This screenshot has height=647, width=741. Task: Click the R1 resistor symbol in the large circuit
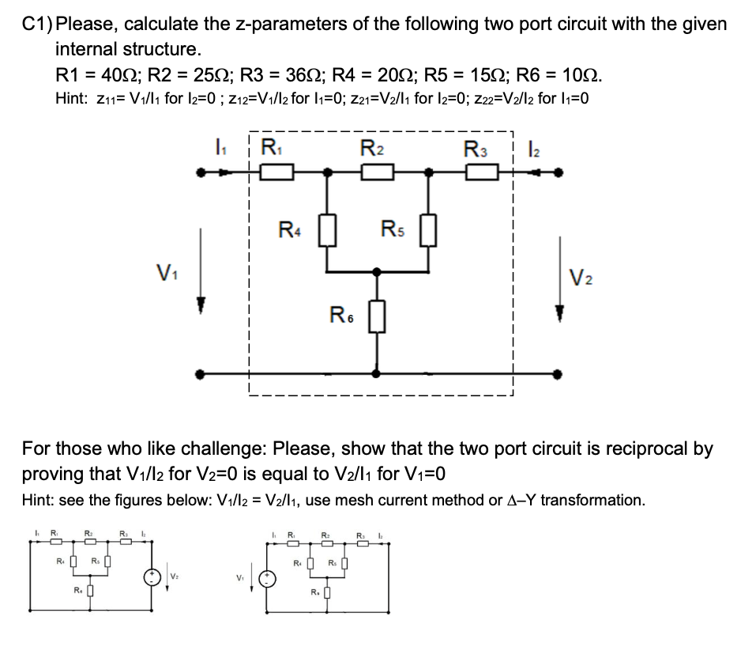pos(279,172)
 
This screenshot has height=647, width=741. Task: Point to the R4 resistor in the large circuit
pos(322,235)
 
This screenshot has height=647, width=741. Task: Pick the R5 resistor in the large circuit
pos(429,235)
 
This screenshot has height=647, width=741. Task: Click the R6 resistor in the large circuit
pos(376,319)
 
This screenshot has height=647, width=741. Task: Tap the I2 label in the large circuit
pos(531,146)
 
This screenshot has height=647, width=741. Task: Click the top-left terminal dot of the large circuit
pos(205,172)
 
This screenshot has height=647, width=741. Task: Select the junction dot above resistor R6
pos(376,271)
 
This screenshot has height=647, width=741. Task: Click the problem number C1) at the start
pos(38,25)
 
